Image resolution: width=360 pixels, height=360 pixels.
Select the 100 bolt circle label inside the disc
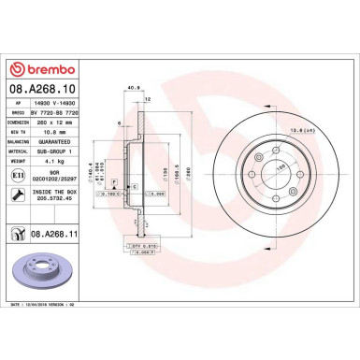(279, 168)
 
